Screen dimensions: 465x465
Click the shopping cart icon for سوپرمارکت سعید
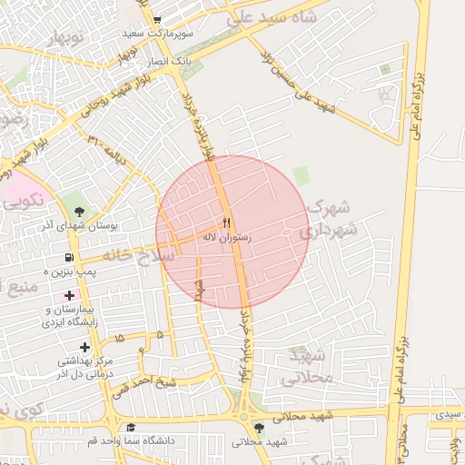(x=157, y=19)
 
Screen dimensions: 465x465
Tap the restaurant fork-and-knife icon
(x=226, y=223)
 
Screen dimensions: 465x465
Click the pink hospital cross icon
(x=70, y=295)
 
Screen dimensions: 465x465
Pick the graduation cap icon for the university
(x=131, y=427)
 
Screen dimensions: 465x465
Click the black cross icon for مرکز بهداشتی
(x=85, y=347)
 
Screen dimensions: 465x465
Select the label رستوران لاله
(x=226, y=237)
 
